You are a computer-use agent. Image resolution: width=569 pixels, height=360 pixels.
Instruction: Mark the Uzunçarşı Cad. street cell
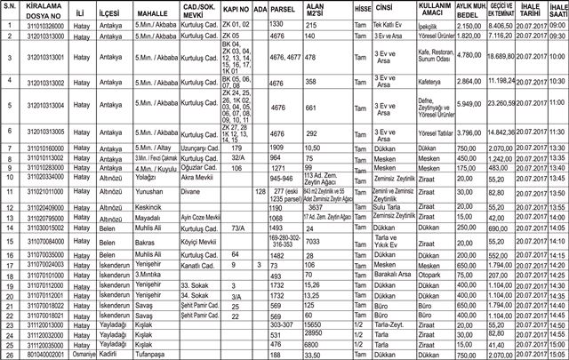coord(199,147)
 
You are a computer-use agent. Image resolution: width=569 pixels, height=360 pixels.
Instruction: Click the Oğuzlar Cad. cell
coord(197,166)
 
